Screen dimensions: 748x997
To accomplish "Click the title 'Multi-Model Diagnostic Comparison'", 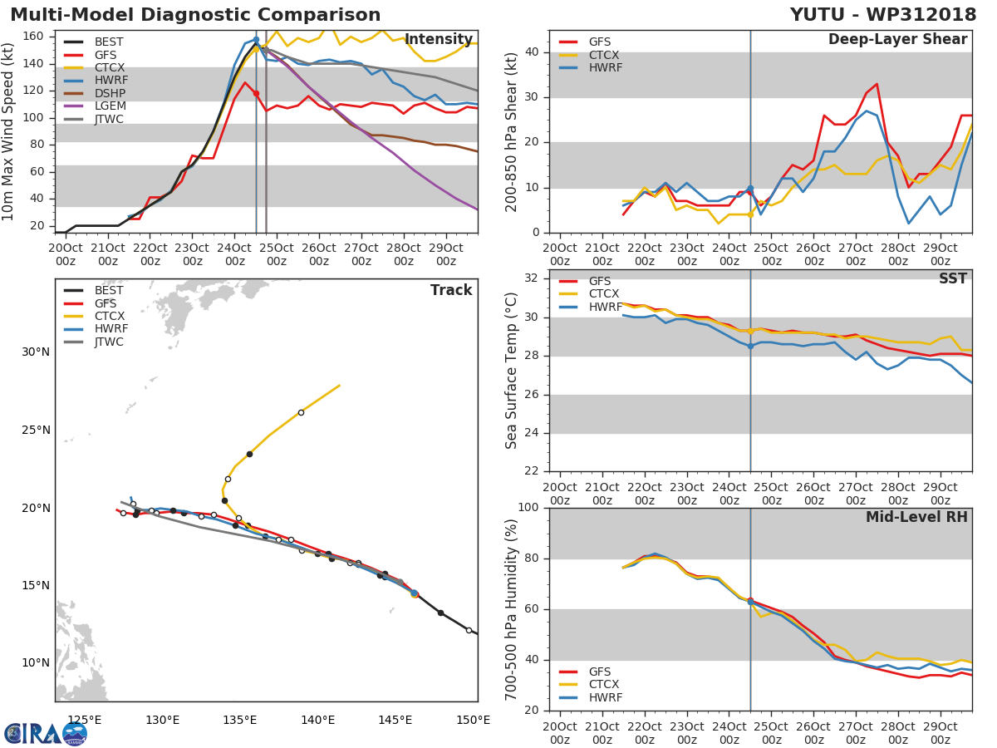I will tap(195, 15).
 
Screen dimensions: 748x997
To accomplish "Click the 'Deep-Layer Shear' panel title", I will tap(897, 40).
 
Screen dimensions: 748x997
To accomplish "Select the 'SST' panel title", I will tap(953, 278).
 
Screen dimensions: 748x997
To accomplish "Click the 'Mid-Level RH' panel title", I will tap(916, 517).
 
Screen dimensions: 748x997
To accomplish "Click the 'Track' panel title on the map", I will tap(451, 290).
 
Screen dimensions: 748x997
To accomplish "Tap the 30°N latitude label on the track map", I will tap(35, 352).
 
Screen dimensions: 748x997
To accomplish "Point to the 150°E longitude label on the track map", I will tap(473, 720).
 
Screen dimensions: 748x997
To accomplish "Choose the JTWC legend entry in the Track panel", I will tap(109, 342).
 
